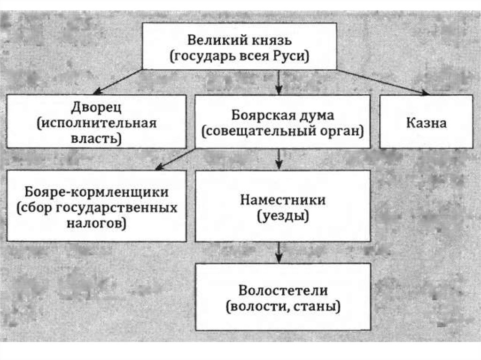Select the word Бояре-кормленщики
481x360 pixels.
coord(96,192)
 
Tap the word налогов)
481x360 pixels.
coord(97,223)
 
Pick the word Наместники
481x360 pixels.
coord(283,200)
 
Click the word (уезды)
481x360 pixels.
coord(283,216)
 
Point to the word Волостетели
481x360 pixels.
coord(283,290)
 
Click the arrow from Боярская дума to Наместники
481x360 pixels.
coord(279,159)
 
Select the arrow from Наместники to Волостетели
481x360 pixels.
coord(279,252)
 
